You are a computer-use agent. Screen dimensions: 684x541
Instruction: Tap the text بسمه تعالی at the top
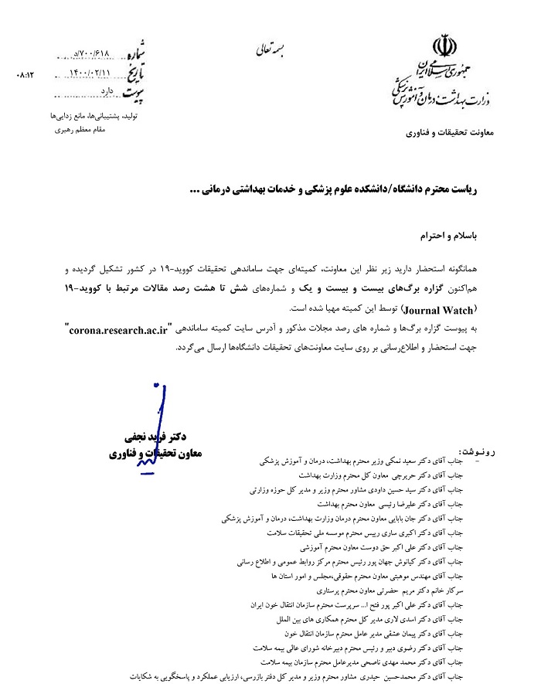point(270,51)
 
